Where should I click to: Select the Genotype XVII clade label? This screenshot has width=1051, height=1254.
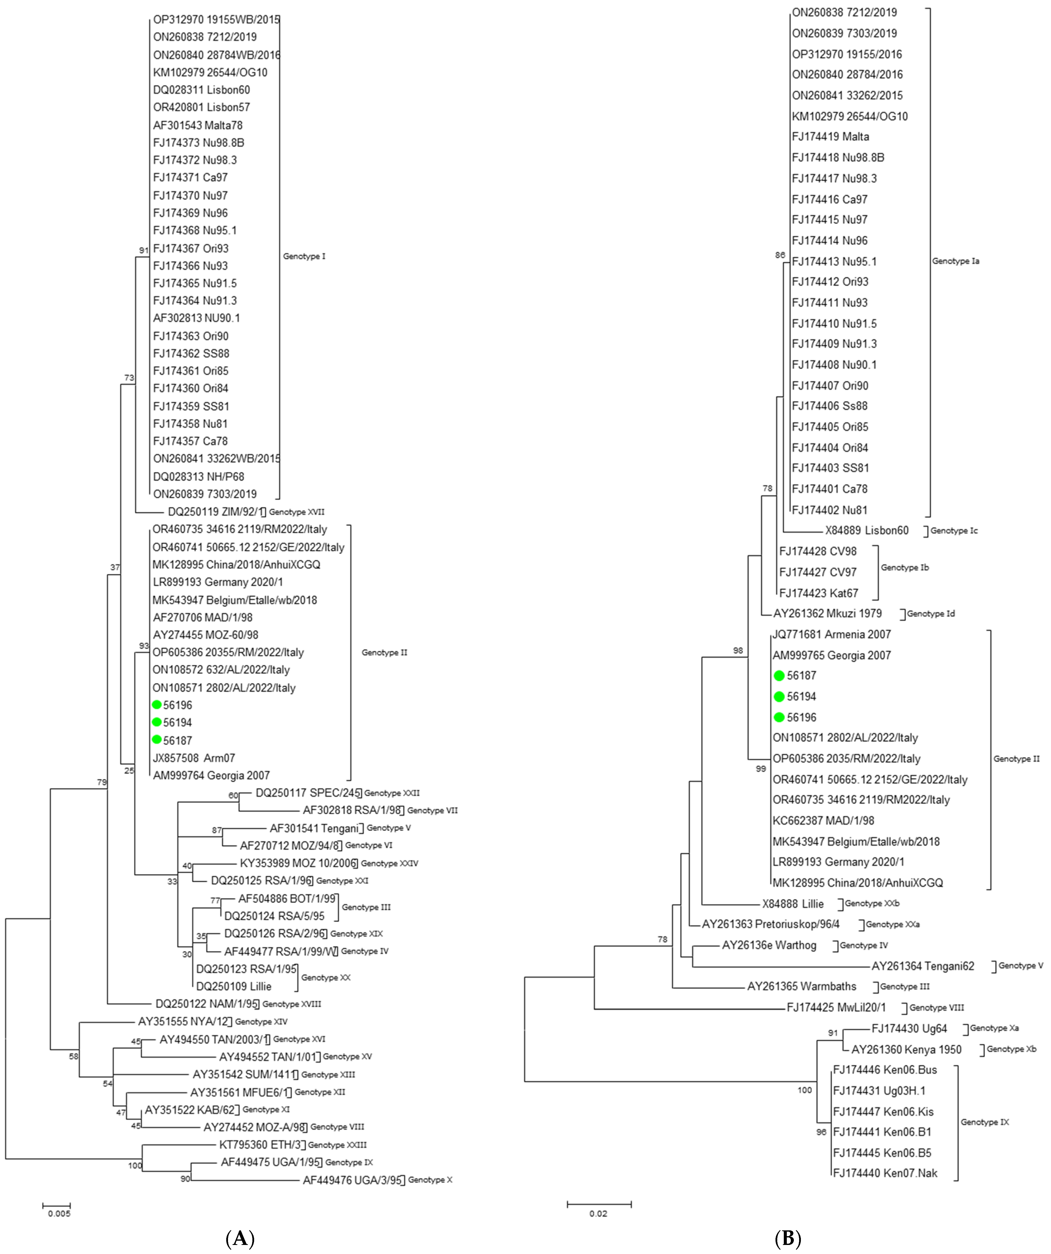[297, 512]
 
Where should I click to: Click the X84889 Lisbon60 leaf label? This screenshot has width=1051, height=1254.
[866, 530]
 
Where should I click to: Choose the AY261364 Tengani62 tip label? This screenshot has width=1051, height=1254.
[923, 966]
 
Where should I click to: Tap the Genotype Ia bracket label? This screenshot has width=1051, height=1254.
[955, 261]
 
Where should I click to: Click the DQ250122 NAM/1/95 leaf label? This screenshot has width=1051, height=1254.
[207, 1004]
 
